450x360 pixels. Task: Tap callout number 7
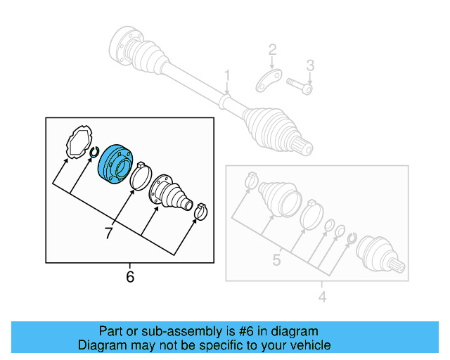[x=108, y=233]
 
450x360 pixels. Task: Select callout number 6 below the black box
[x=129, y=277]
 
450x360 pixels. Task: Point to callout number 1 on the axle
[x=227, y=75]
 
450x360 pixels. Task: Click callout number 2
[x=272, y=50]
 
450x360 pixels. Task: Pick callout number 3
[x=309, y=65]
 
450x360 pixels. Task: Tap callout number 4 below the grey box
[x=322, y=297]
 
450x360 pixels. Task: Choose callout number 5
[x=276, y=260]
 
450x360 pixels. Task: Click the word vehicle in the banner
[x=307, y=345]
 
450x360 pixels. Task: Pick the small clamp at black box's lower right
[x=200, y=210]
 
